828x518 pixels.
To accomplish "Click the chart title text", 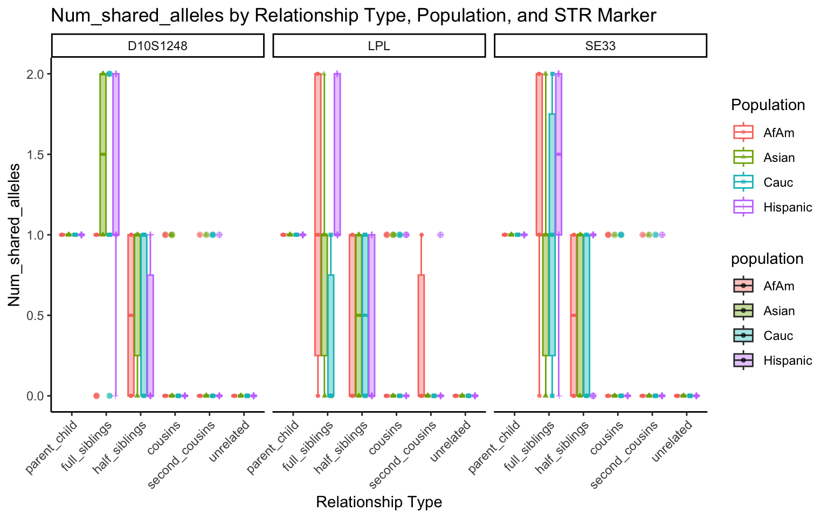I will (x=353, y=15).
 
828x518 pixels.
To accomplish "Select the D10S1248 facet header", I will (x=157, y=46).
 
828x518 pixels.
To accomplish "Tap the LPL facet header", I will (x=379, y=46).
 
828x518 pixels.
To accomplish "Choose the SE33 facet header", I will (x=600, y=46).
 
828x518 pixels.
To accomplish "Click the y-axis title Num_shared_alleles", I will (x=14, y=235).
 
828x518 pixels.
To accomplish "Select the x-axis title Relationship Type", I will (x=379, y=502).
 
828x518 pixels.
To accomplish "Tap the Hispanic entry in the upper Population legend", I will (x=787, y=207).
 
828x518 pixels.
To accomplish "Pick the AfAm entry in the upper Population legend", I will (x=778, y=133).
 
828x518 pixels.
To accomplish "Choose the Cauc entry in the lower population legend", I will (x=778, y=336).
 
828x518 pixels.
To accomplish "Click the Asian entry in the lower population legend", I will (x=779, y=311).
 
